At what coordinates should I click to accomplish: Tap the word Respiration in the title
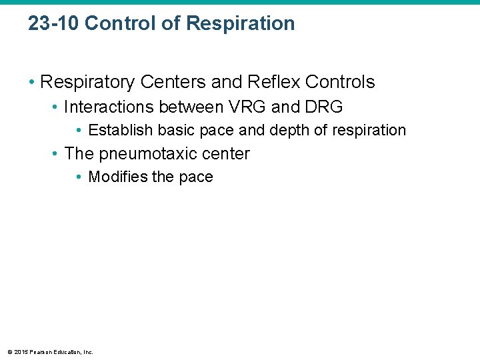241,23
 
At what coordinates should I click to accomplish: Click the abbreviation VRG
245,107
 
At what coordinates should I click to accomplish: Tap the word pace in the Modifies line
195,178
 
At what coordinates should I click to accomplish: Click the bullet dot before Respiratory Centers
32,83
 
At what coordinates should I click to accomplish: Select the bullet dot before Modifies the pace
79,177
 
